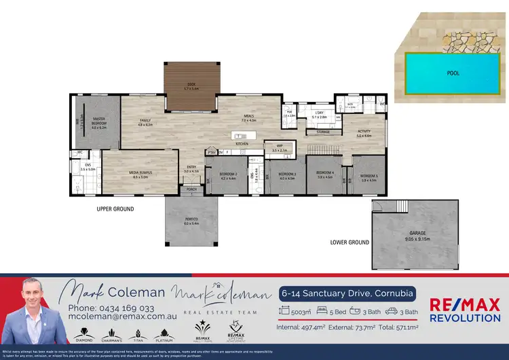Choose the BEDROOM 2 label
click(227, 175)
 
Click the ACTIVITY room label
click(364, 133)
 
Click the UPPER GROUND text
click(115, 209)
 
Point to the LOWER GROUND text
click(350, 242)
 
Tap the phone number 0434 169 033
click(121, 308)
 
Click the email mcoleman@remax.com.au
click(122, 317)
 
